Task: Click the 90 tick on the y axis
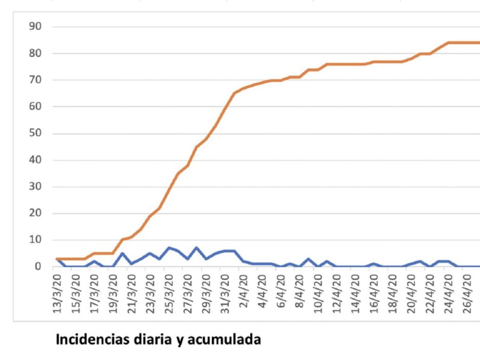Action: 36,27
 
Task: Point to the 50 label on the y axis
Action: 36,134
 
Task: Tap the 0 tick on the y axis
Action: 38,266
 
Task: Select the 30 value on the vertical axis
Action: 36,187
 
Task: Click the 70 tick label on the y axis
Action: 36,80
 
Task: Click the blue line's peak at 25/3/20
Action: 169,248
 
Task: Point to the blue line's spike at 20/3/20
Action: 122,253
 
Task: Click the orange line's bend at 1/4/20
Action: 235,93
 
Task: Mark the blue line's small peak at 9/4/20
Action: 309,258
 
